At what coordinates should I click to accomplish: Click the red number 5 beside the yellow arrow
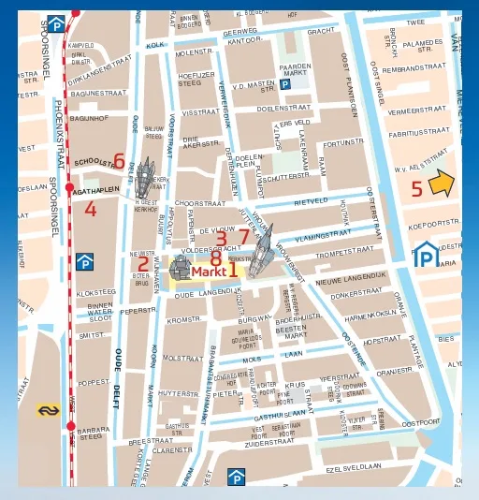(417, 188)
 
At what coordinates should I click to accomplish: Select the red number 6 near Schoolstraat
(118, 161)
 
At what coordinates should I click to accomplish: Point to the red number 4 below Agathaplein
(90, 209)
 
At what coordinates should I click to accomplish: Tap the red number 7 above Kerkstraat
(243, 237)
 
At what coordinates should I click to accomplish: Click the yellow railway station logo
(48, 409)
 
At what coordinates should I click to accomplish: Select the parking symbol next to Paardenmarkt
(285, 84)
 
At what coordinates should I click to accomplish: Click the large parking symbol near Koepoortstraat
(426, 253)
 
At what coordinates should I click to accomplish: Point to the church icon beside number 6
(146, 174)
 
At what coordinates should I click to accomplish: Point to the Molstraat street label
(182, 358)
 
